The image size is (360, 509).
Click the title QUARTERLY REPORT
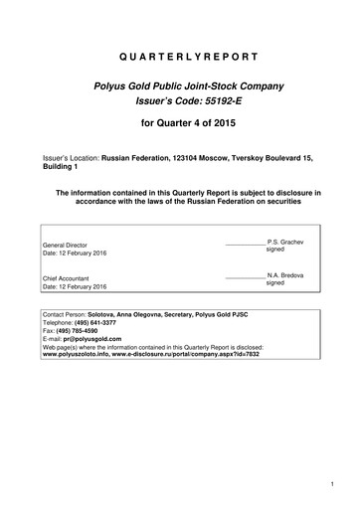pos(180,57)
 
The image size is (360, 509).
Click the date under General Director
pos(75,254)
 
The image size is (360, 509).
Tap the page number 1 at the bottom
pos(329,484)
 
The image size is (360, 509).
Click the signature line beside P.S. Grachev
pos(246,245)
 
